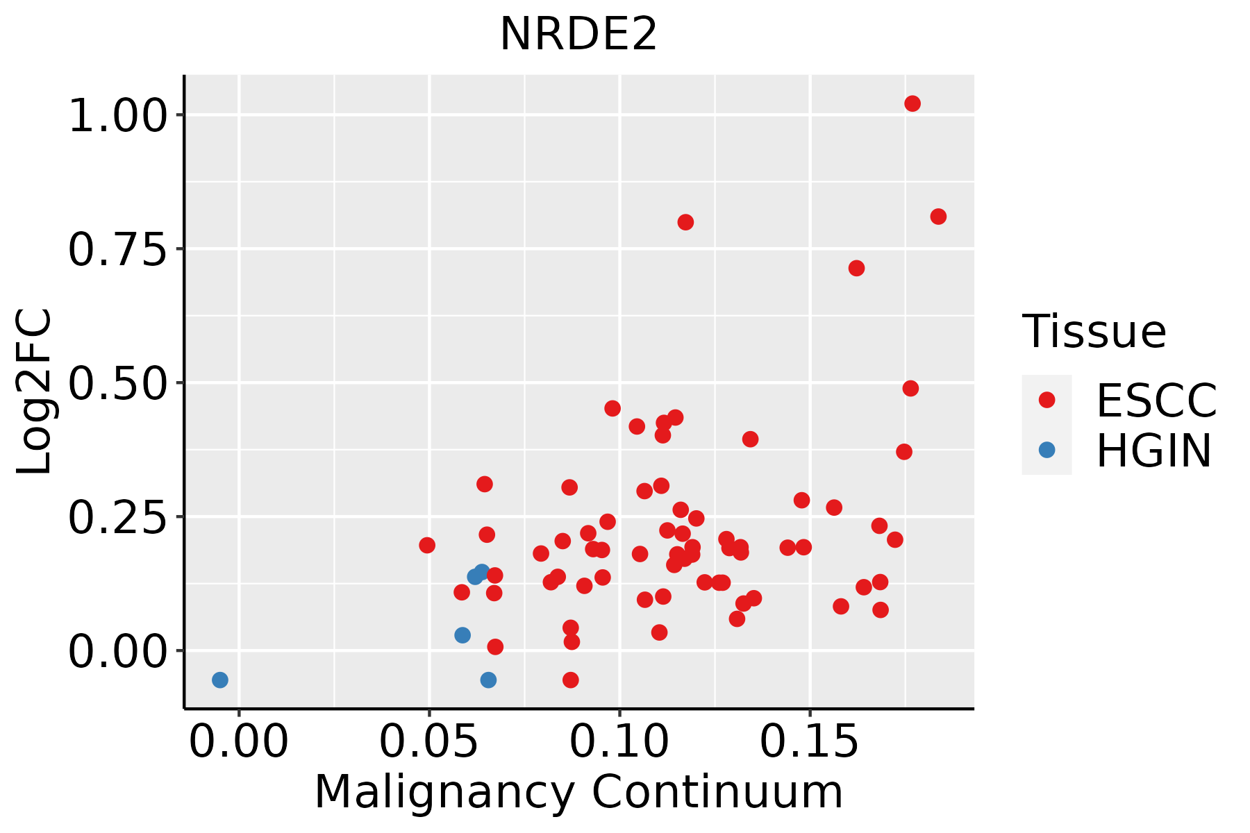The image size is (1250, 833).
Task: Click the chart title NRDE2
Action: pyautogui.click(x=578, y=34)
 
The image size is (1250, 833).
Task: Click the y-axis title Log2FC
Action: pyautogui.click(x=33, y=392)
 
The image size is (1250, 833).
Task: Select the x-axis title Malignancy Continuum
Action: pyautogui.click(x=578, y=792)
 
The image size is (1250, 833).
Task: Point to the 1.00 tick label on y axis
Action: pyautogui.click(x=118, y=115)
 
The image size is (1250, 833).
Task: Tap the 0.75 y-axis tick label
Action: pyautogui.click(x=118, y=249)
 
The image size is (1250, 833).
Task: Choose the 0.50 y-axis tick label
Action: pyautogui.click(x=118, y=383)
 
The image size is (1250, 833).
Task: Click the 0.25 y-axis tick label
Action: pyautogui.click(x=118, y=517)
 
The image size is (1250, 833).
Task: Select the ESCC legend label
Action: pyautogui.click(x=1156, y=401)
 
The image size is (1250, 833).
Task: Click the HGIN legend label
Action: pyautogui.click(x=1154, y=451)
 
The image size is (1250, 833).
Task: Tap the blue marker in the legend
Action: pyautogui.click(x=1047, y=450)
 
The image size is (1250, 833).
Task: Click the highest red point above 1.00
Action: pyautogui.click(x=912, y=103)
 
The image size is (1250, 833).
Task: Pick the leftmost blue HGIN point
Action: pyautogui.click(x=220, y=680)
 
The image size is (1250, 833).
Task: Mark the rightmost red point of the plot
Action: pyautogui.click(x=938, y=217)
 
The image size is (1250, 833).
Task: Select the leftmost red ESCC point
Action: pyautogui.click(x=427, y=545)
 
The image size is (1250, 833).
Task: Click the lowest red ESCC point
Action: pyautogui.click(x=571, y=680)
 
